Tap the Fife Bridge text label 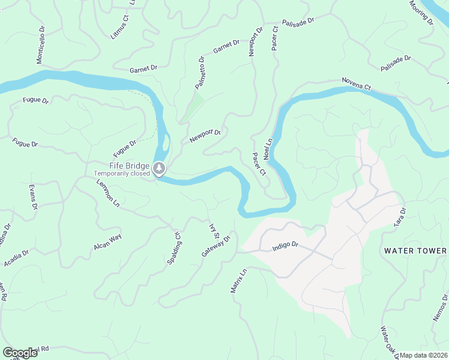tap(129, 166)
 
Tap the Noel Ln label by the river tap(268, 148)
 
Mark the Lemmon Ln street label tap(107, 193)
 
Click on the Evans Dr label tap(32, 197)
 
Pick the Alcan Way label tap(107, 242)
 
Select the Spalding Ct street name tap(173, 248)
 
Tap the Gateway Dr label tap(216, 246)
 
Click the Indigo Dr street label tap(285, 246)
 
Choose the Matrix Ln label tap(239, 281)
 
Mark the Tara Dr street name tap(400, 217)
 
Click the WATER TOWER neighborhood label tap(415, 251)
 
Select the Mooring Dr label tap(421, 12)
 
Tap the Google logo tap(20, 353)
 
